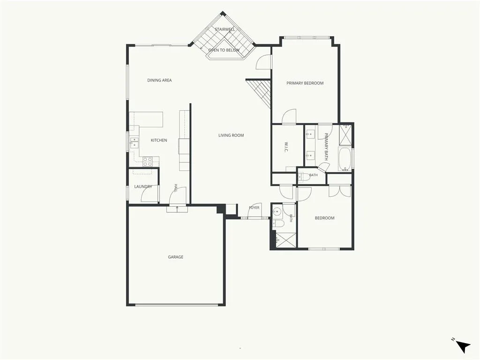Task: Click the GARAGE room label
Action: click(x=175, y=257)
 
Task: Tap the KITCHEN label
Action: click(x=159, y=140)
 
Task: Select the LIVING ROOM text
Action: click(x=231, y=135)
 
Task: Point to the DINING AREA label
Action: click(x=159, y=80)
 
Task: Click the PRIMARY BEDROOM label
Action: click(x=305, y=83)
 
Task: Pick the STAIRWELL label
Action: click(x=225, y=30)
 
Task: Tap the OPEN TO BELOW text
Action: click(x=224, y=50)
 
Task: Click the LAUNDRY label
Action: click(x=143, y=187)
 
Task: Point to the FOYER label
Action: click(x=254, y=208)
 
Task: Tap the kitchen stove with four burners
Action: click(x=148, y=161)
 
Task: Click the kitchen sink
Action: click(x=134, y=143)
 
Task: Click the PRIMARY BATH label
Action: click(x=326, y=147)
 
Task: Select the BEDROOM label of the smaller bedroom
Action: click(x=324, y=218)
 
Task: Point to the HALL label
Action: click(x=176, y=188)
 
